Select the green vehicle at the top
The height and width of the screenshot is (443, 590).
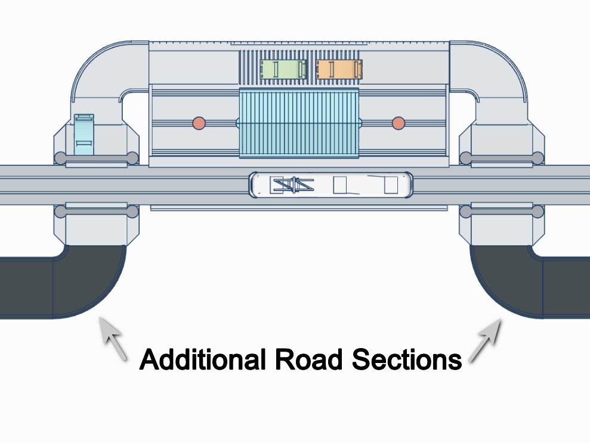(x=283, y=69)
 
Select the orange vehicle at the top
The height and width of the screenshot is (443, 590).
(x=339, y=69)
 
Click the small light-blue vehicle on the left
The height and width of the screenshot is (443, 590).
(x=84, y=134)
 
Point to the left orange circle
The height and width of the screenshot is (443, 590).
(x=199, y=123)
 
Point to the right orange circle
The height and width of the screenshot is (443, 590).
(x=399, y=123)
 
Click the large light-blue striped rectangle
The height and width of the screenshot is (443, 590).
(x=299, y=123)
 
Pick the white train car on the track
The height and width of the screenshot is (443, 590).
(x=331, y=185)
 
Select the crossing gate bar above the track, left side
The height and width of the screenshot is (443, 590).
(x=96, y=158)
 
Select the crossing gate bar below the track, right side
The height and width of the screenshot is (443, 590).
(x=502, y=211)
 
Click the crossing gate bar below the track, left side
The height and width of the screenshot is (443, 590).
(x=96, y=211)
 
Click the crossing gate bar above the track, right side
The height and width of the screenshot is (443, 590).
(x=502, y=158)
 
